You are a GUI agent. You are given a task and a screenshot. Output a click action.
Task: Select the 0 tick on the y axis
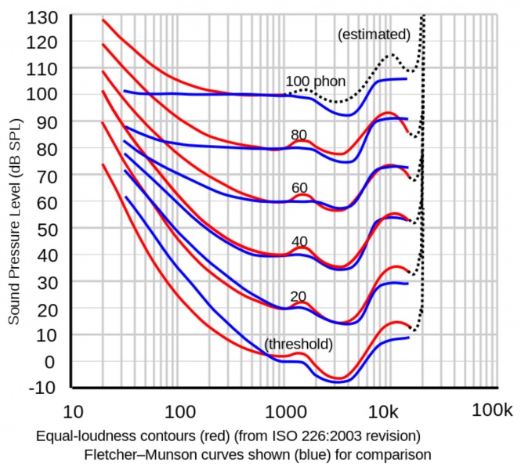tap(52, 361)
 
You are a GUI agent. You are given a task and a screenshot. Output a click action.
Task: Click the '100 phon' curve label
tap(314, 81)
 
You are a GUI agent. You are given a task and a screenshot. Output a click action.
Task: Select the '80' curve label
tap(298, 135)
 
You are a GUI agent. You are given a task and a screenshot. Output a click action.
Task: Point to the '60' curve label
tap(298, 188)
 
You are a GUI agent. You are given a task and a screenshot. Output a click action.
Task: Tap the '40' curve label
tap(298, 241)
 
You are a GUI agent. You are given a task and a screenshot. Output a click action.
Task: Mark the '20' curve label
tap(298, 296)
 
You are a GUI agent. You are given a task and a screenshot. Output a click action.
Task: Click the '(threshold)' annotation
tap(298, 344)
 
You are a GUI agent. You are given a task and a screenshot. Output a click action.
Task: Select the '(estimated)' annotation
tap(374, 34)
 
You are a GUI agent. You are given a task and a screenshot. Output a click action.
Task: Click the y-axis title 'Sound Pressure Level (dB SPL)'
tap(14, 227)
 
